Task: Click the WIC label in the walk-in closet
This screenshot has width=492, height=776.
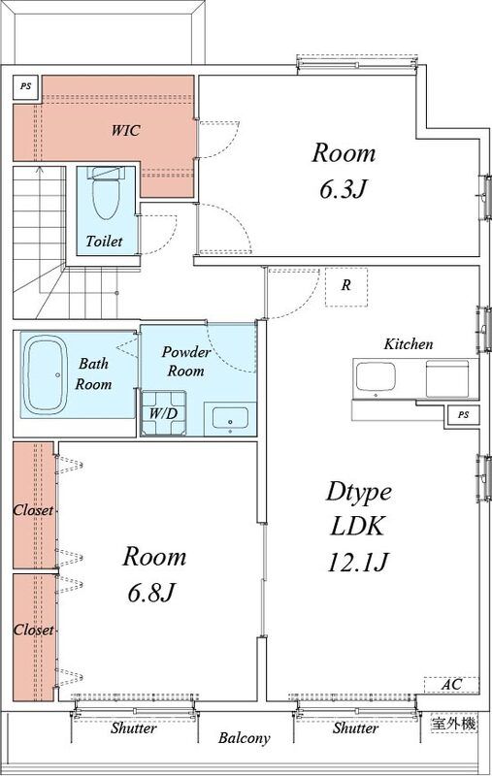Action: pos(126,130)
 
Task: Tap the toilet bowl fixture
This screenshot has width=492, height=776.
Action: pos(106,195)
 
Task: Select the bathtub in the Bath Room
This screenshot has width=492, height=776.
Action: pos(46,374)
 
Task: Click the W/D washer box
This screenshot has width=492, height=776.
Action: pos(164,413)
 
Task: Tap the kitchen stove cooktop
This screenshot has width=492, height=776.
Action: pos(447,378)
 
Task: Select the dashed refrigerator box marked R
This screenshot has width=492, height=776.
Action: pos(346,286)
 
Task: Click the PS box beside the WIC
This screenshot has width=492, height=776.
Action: pos(26,86)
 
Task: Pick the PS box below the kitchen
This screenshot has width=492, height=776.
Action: pos(463,415)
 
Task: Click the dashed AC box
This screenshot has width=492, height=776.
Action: pos(451,685)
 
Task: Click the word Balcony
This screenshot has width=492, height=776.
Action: pos(245,738)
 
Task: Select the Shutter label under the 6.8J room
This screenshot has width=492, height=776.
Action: pos(134,727)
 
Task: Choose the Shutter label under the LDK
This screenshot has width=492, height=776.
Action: pos(355,727)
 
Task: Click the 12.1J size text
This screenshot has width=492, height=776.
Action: pos(357,562)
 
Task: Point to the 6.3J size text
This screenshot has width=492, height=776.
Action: pos(344,188)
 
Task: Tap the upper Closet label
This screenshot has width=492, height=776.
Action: pos(33,510)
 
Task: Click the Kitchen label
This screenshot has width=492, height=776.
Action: pos(409,344)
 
